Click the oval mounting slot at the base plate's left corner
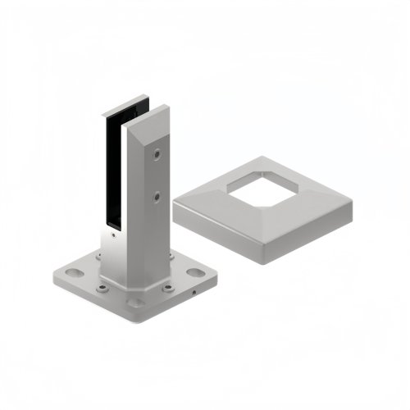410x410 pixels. [68, 270]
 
